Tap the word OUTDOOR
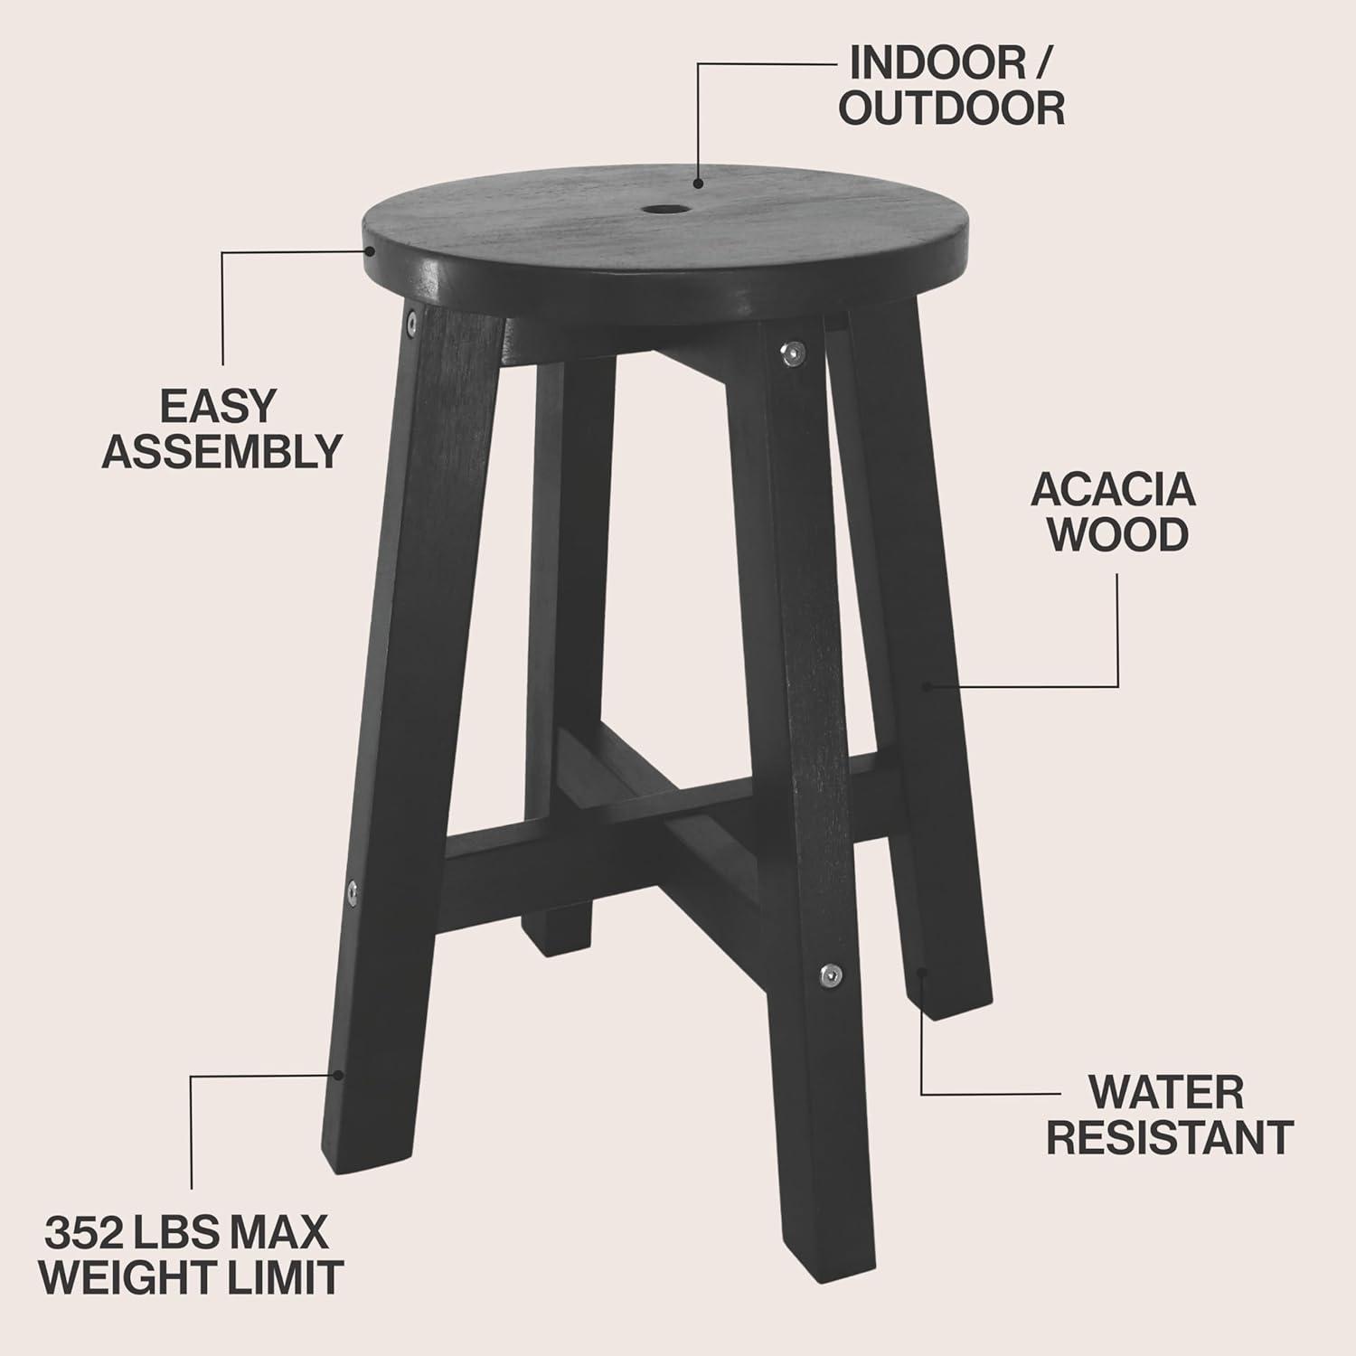click(x=951, y=108)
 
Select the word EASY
click(x=217, y=406)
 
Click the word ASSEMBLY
click(x=221, y=450)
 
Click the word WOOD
click(x=1121, y=534)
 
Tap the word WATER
click(x=1166, y=1093)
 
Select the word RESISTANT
click(x=1170, y=1137)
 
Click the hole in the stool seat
click(x=664, y=210)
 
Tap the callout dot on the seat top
click(x=699, y=183)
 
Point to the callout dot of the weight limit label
click(x=338, y=1075)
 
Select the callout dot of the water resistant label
click(x=922, y=973)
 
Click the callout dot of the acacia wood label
click(x=927, y=686)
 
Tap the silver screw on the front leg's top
click(x=792, y=353)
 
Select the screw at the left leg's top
click(x=411, y=318)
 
